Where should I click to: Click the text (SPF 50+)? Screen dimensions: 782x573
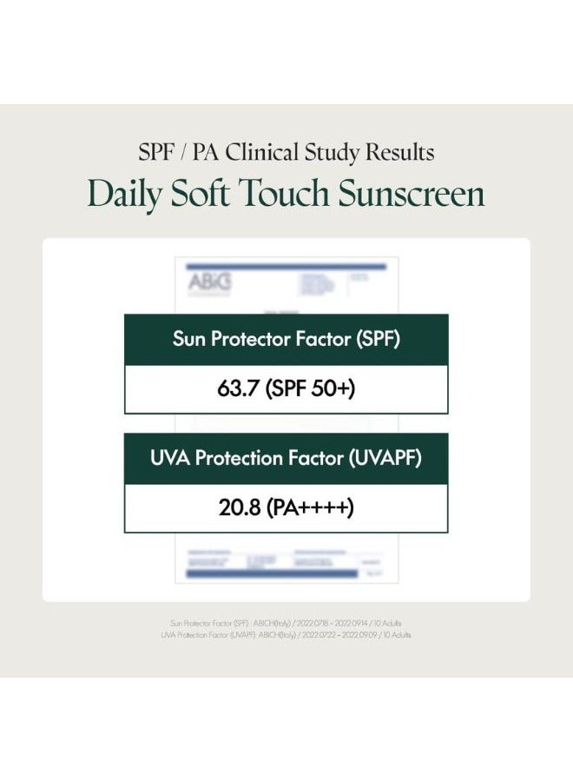point(310,388)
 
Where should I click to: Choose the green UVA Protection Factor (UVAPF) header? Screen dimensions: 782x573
point(286,459)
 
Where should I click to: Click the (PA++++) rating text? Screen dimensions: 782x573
point(309,507)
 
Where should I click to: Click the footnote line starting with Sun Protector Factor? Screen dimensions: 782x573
point(286,623)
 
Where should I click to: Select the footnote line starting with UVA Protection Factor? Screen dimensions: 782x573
point(286,635)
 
